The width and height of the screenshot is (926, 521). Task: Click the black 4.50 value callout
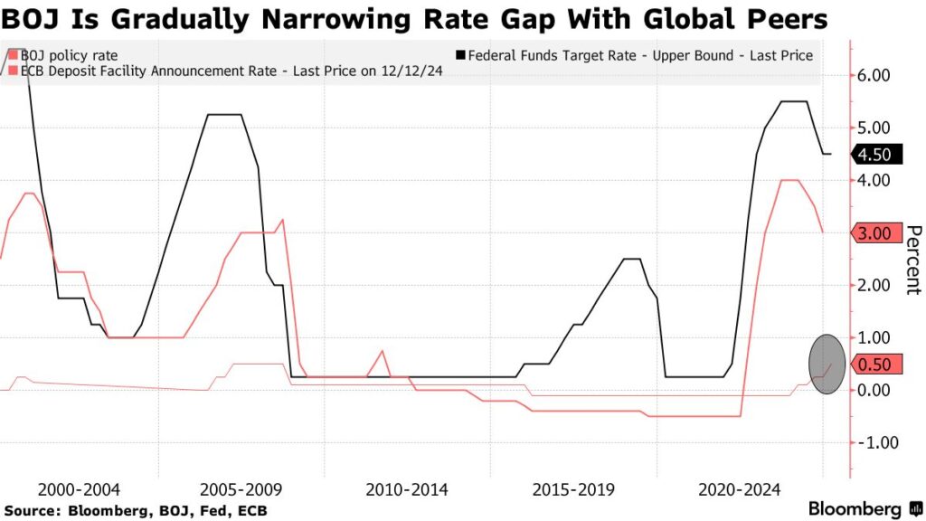point(875,155)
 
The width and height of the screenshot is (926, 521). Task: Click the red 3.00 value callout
point(875,233)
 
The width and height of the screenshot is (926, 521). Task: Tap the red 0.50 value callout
point(875,365)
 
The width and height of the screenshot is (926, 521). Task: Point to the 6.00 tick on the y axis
point(874,76)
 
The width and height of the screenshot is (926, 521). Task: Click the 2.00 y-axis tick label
point(874,286)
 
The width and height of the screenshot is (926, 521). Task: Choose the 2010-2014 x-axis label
point(406,489)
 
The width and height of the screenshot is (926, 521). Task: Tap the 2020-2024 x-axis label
point(740,489)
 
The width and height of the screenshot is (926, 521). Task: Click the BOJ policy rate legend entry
point(69,56)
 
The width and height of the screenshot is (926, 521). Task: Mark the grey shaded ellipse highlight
point(827,364)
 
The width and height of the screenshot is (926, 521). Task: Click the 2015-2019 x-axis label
point(573,489)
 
